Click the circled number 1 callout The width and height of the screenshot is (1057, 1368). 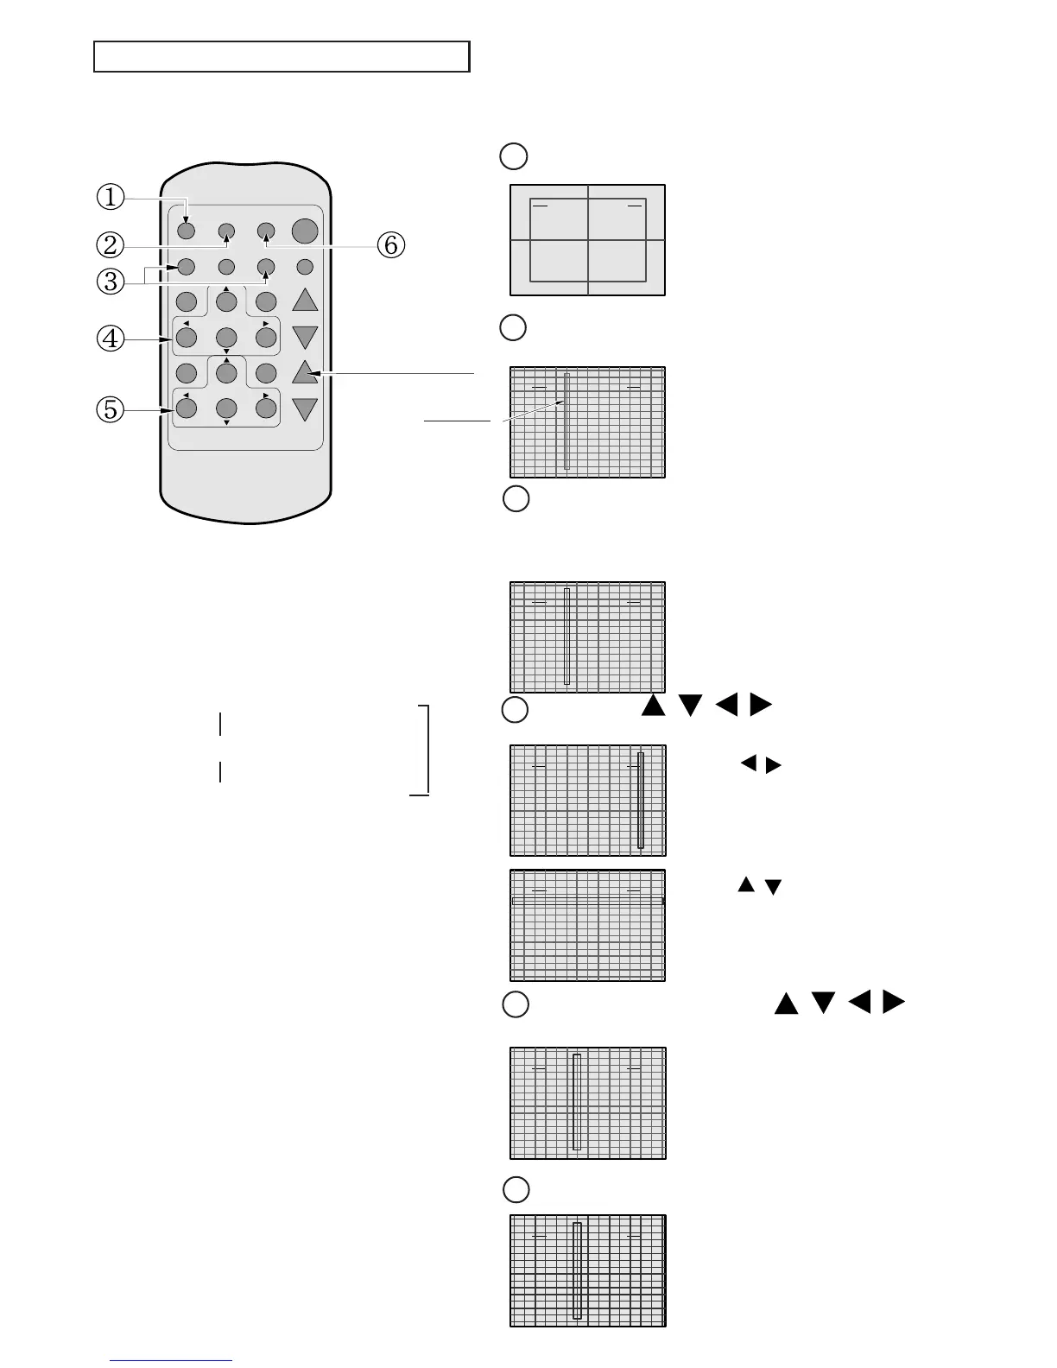coord(110,197)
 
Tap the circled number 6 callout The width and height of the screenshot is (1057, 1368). coord(390,245)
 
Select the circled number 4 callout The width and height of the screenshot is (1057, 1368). coord(110,339)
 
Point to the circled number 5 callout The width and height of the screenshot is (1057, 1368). coord(110,408)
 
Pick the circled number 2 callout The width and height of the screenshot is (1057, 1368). coord(110,245)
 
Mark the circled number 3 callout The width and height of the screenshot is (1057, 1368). coord(110,281)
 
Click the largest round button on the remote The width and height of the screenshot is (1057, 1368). coord(305,231)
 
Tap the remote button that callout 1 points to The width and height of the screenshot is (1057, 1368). coord(186,231)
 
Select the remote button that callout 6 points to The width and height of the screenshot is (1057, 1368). coord(266,231)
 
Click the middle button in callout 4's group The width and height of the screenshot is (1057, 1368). coord(226,337)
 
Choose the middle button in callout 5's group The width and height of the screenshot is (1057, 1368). coord(226,408)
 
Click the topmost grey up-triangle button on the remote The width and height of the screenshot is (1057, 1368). coord(305,300)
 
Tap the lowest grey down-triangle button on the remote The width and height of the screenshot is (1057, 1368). coord(305,409)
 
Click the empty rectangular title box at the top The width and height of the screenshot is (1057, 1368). coord(282,56)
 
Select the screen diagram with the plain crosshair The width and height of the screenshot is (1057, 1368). coord(587,240)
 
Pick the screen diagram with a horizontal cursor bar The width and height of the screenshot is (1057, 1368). coord(587,925)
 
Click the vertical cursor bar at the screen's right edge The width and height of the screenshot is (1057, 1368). coord(640,800)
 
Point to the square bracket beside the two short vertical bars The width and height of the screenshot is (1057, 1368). coord(424,749)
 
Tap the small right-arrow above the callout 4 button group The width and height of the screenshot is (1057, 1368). coord(266,323)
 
